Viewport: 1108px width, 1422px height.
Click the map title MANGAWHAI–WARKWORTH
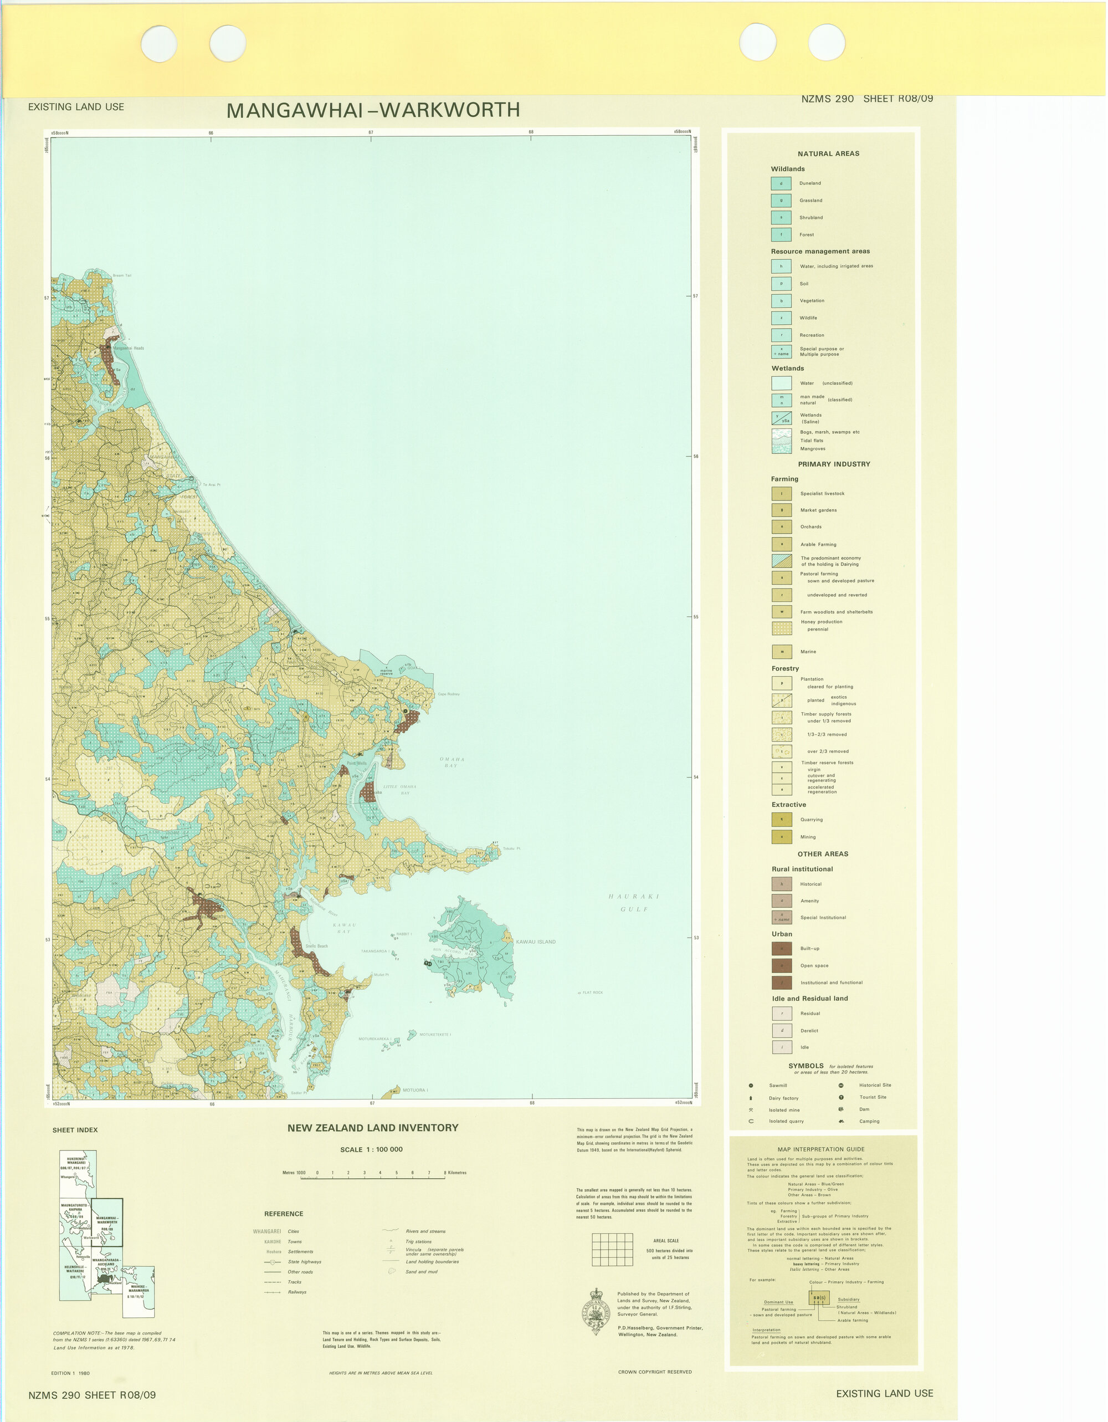(x=373, y=110)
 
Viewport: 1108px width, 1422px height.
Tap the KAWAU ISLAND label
(x=536, y=942)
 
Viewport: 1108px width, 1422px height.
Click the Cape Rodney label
(x=449, y=694)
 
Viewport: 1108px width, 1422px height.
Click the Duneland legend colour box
(x=781, y=183)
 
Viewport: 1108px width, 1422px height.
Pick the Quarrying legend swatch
(x=782, y=820)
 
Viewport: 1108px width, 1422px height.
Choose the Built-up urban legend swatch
(x=782, y=949)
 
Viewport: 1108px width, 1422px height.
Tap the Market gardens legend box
(x=782, y=510)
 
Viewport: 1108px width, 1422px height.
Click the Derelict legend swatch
(x=782, y=1031)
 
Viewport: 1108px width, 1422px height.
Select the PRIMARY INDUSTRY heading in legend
(x=834, y=464)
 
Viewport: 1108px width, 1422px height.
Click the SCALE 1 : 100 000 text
(x=371, y=1149)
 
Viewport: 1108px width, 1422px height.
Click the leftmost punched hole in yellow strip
(x=159, y=44)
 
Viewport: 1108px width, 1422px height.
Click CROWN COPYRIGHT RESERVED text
(x=655, y=1372)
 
